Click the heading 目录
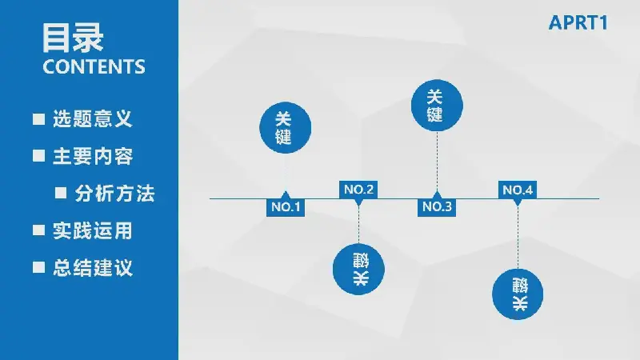[x=73, y=38]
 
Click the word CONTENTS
[x=94, y=67]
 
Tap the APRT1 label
[x=578, y=23]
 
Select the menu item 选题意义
[x=93, y=118]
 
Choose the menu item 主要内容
[x=93, y=156]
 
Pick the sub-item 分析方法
[x=114, y=194]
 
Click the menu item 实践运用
[x=93, y=230]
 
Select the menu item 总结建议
[x=93, y=268]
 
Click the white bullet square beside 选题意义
[x=38, y=119]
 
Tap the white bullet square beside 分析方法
[x=61, y=193]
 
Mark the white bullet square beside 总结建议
[x=38, y=267]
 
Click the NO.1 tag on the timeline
[x=286, y=206]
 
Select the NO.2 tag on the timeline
[x=358, y=190]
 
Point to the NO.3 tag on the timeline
[x=437, y=206]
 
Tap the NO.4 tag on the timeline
[x=518, y=190]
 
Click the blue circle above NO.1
[x=286, y=128]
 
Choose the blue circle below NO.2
[x=358, y=270]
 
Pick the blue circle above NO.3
[x=437, y=106]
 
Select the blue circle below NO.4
[x=518, y=294]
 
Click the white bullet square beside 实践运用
[x=38, y=230]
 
